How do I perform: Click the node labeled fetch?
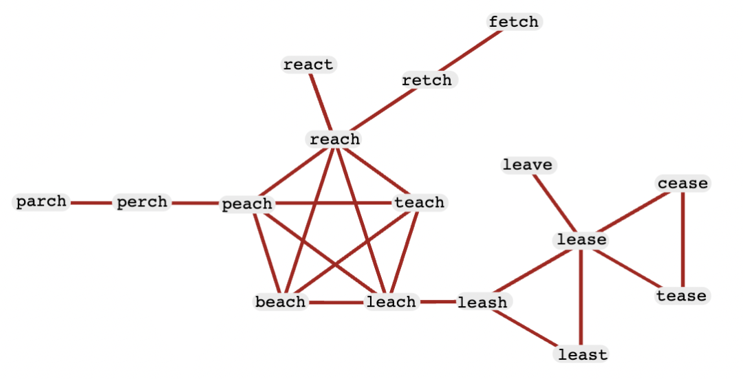[514, 22]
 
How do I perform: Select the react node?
[308, 65]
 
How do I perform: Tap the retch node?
[427, 80]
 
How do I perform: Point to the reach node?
[335, 139]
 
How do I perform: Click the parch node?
[41, 202]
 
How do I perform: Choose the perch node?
[142, 202]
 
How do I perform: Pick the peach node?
[248, 204]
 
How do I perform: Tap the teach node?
[420, 203]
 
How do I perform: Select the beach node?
[281, 302]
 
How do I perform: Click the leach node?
[391, 302]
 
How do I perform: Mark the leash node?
[482, 302]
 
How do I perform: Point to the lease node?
[581, 240]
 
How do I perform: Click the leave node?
[528, 165]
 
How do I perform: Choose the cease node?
[683, 184]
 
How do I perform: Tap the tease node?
[682, 296]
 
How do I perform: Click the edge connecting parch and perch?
[92, 203]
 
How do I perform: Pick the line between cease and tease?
[682, 240]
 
